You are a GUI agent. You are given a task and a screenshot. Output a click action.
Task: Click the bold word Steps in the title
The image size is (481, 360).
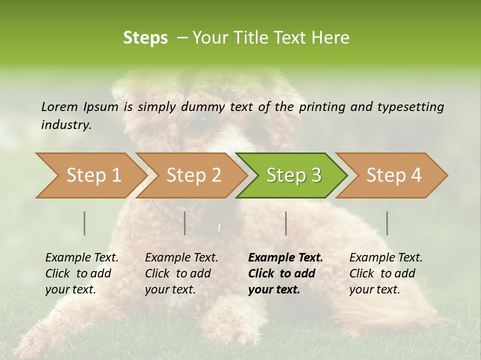pos(145,38)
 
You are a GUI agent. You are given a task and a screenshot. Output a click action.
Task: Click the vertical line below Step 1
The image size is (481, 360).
pos(85,223)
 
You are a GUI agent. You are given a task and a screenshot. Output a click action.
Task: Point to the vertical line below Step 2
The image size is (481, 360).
pos(185,223)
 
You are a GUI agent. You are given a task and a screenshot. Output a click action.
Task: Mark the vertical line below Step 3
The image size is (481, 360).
pos(286,223)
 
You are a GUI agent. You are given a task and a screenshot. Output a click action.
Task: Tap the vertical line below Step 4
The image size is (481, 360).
pos(387,223)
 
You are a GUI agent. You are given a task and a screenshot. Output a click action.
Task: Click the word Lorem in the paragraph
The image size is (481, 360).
pos(60,106)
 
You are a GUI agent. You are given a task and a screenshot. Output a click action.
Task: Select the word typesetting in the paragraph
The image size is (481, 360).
pos(410,106)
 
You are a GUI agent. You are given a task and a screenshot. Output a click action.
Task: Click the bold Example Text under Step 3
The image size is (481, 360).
pos(286,257)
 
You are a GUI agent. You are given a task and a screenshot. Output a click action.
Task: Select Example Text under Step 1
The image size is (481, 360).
pos(82,257)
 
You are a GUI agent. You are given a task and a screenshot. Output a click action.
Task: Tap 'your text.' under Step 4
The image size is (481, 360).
pos(374,289)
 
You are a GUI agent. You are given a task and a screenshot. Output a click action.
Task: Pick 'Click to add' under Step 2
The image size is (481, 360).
pos(178,273)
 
